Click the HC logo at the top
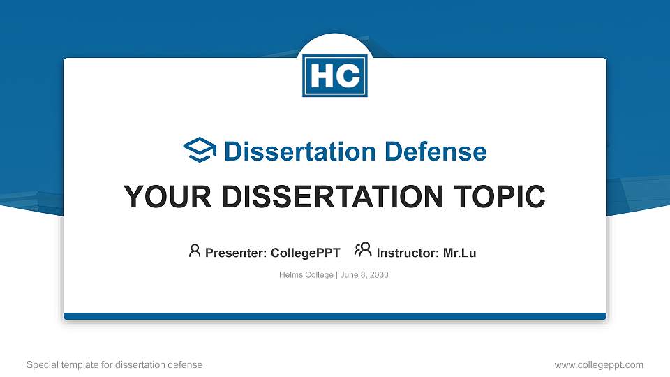(x=335, y=75)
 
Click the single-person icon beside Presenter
(x=195, y=251)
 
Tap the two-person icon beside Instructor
(x=363, y=251)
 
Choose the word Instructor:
(x=408, y=253)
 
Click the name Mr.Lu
(x=460, y=253)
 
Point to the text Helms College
(x=306, y=275)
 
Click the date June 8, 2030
(x=364, y=275)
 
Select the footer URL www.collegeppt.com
(x=599, y=364)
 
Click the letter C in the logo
(x=348, y=76)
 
